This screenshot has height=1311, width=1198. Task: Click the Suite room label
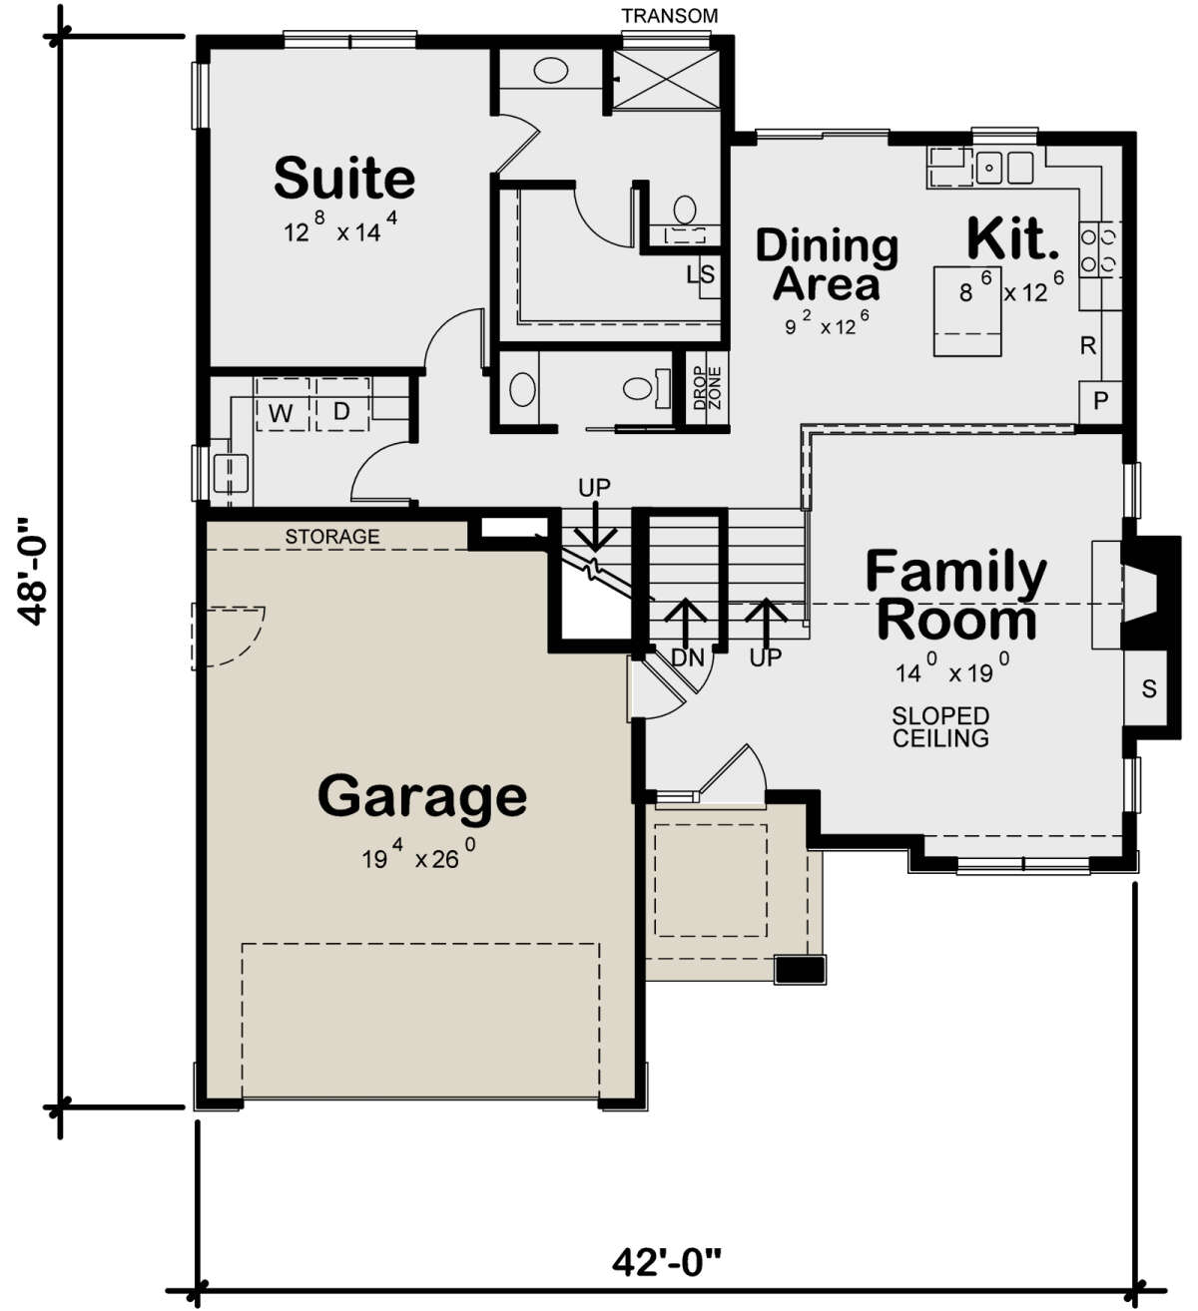tap(344, 178)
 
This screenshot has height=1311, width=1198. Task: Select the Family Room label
tap(956, 594)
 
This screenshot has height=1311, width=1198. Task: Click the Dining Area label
tap(828, 264)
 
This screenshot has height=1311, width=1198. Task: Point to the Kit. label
tap(1013, 237)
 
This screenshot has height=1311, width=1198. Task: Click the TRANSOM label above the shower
tap(670, 16)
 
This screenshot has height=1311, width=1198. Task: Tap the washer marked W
tap(282, 404)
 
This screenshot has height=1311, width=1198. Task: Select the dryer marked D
tap(342, 404)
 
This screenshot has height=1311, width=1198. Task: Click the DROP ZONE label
tap(708, 387)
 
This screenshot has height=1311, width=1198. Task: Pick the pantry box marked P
tap(1100, 401)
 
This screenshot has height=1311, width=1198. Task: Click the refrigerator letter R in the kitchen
tap(1088, 346)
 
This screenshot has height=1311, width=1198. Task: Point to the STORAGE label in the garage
tap(332, 537)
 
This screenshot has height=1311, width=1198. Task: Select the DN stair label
tap(688, 657)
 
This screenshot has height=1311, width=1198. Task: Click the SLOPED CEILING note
tap(940, 726)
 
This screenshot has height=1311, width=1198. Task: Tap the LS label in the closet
tap(701, 274)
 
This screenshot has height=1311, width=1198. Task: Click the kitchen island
tap(967, 311)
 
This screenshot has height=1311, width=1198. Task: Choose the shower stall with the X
tap(665, 79)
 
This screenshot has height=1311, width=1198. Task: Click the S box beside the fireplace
tap(1149, 688)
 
